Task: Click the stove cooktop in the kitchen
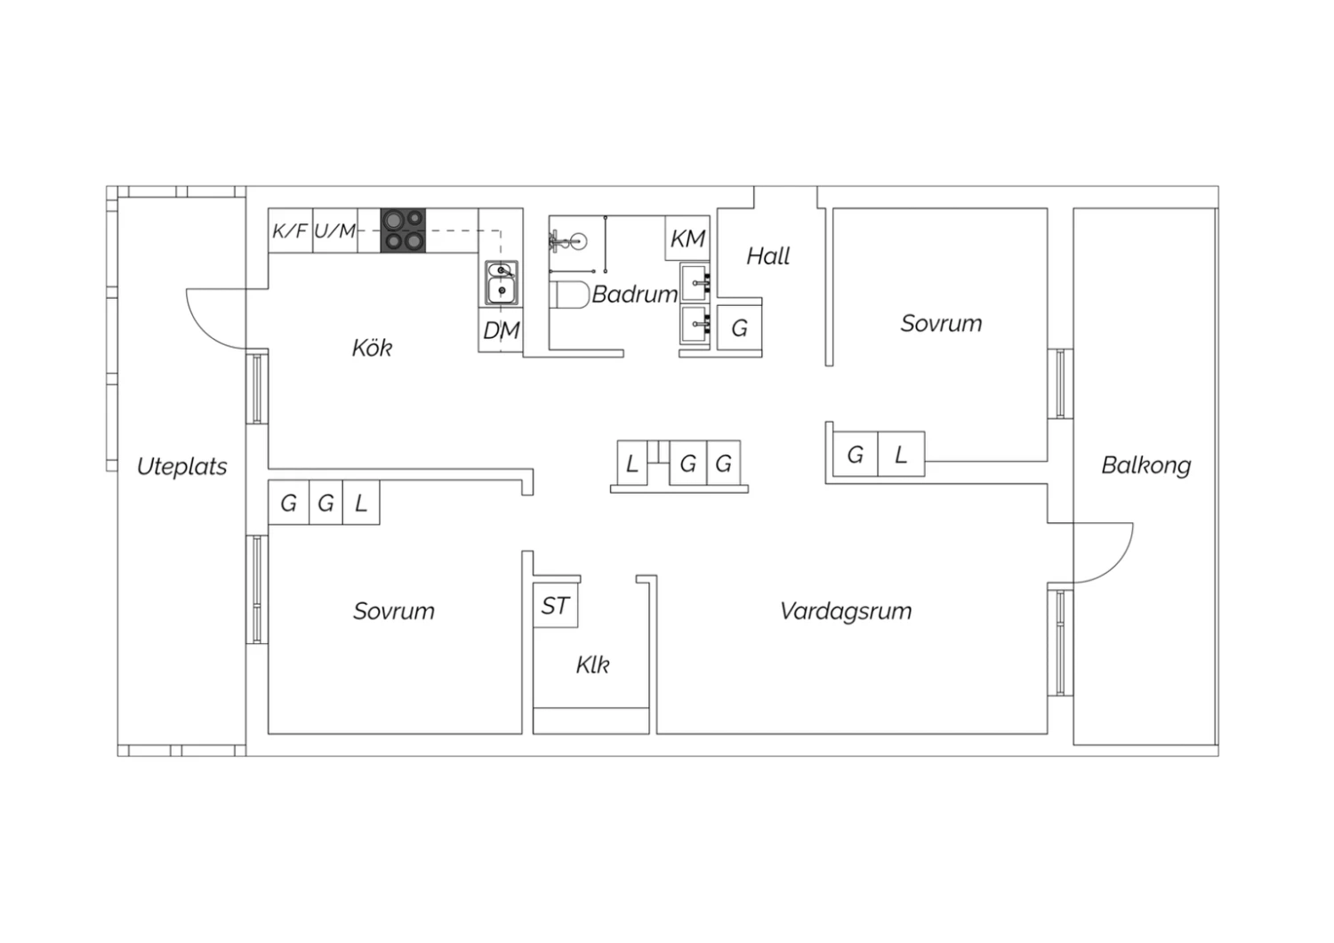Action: click(403, 230)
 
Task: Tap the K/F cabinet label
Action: click(290, 230)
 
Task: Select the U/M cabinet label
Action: click(334, 230)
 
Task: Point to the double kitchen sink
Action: click(501, 283)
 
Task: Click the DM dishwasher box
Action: click(501, 329)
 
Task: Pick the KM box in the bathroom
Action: click(687, 238)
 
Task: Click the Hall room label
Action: click(767, 256)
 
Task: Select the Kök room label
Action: click(372, 348)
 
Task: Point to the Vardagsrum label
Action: click(846, 611)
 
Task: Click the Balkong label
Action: click(1145, 466)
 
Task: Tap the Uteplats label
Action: click(181, 466)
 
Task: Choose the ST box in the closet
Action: click(555, 605)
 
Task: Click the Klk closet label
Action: click(592, 665)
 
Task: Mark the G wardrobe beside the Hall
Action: click(739, 327)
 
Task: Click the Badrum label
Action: click(635, 294)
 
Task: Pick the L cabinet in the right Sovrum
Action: click(901, 454)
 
